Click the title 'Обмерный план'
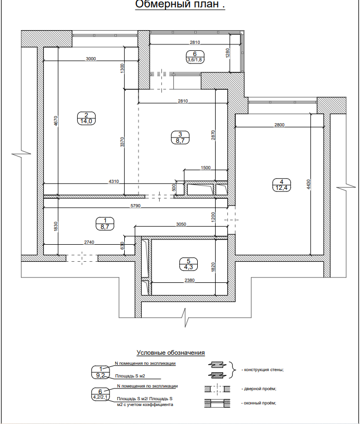(180, 5)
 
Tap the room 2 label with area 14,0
(86, 118)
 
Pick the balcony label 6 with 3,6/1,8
(195, 57)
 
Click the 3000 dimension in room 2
(90, 59)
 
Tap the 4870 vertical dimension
(56, 121)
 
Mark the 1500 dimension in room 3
(206, 168)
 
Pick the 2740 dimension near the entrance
(89, 242)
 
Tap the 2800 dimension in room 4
(280, 125)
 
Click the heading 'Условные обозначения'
(170, 352)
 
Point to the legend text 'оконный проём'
(260, 403)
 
